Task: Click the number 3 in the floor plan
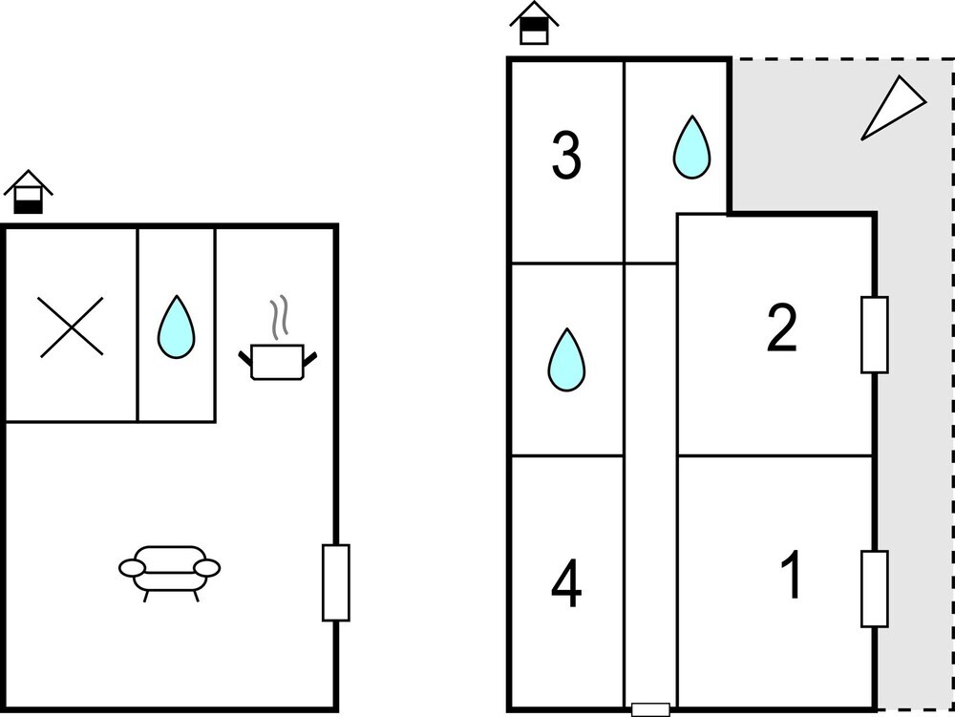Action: tap(566, 158)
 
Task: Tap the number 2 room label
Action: tap(782, 328)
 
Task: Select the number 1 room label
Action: tap(792, 577)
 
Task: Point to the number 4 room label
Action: tap(566, 585)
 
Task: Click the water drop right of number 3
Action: tap(690, 147)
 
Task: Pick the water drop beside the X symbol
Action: tap(176, 327)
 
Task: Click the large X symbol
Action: tap(72, 327)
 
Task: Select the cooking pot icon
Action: tap(276, 360)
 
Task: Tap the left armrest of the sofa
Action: tap(131, 568)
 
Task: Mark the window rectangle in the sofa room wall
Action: tap(335, 582)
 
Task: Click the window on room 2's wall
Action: tap(875, 334)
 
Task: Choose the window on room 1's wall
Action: tap(875, 588)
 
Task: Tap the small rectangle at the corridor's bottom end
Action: tap(651, 708)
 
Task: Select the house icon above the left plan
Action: tap(29, 193)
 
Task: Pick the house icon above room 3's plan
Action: tap(534, 24)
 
